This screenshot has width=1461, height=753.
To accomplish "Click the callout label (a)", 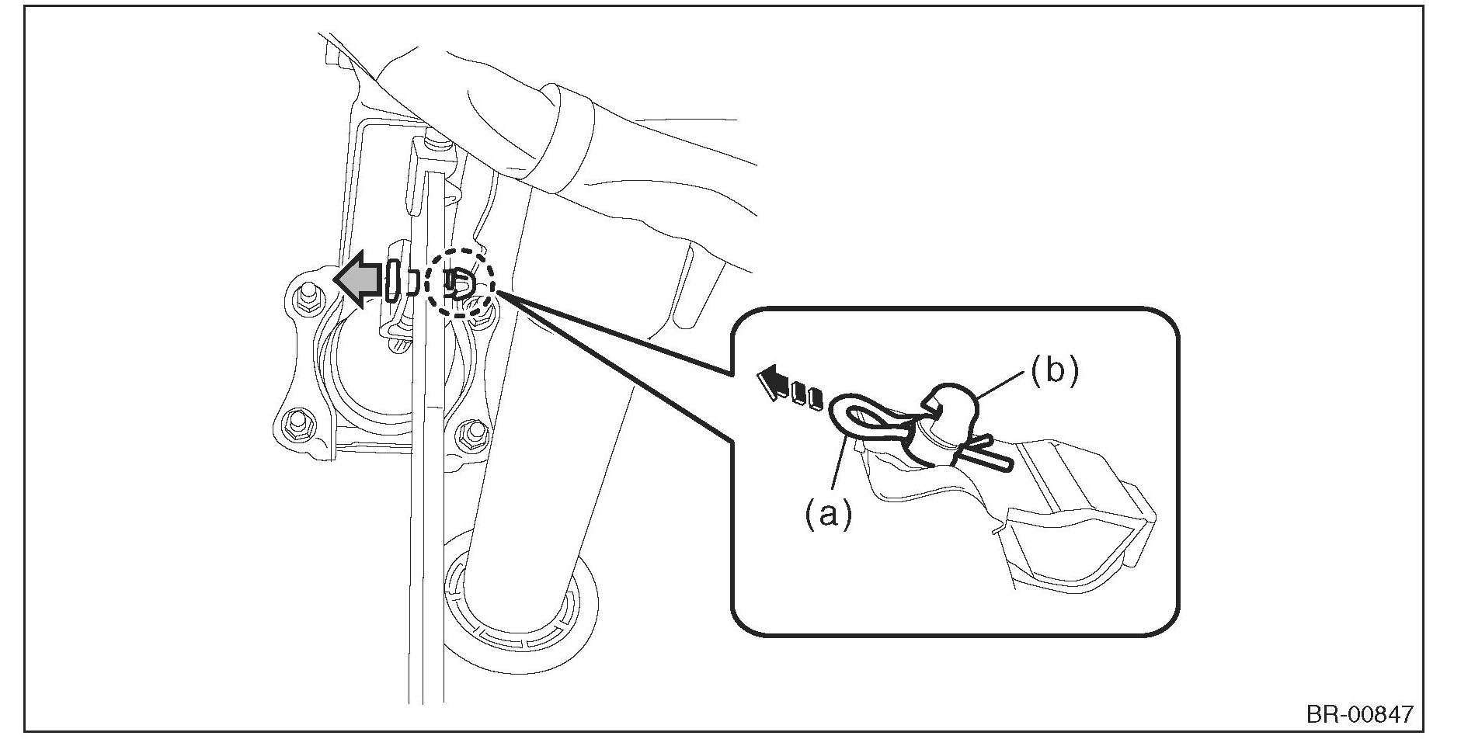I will pos(827,513).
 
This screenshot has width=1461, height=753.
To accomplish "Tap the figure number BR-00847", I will pos(1359,713).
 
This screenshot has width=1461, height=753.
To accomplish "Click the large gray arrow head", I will pos(352,281).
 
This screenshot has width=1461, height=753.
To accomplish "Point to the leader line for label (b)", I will pos(1004,385).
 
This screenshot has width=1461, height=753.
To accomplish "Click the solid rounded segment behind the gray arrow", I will pos(393,281).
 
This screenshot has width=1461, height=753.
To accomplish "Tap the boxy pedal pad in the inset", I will pos(1080,536).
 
